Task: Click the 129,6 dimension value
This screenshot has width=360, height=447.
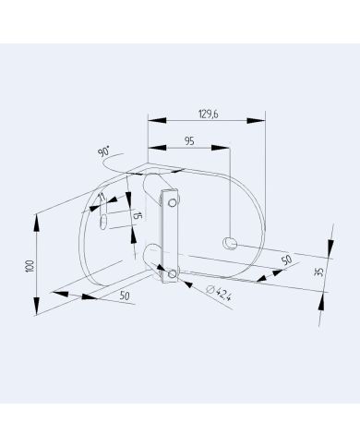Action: click(x=209, y=114)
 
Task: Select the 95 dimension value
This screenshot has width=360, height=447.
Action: click(x=188, y=140)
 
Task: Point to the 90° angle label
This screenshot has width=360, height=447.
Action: click(x=102, y=152)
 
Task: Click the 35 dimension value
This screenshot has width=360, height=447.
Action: click(x=319, y=272)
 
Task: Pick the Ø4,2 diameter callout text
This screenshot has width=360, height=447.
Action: click(x=218, y=295)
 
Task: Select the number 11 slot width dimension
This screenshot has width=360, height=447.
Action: click(x=102, y=198)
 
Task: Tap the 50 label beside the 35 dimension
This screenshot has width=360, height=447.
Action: click(x=286, y=260)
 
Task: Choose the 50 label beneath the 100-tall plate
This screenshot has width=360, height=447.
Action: click(x=125, y=296)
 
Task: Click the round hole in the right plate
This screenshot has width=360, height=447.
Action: click(x=230, y=242)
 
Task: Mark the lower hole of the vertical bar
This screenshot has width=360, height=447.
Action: click(x=172, y=273)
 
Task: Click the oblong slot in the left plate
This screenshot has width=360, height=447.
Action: click(x=104, y=216)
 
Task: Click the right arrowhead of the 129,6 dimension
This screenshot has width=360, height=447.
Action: click(x=261, y=119)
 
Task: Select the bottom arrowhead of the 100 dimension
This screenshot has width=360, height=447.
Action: click(x=38, y=311)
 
